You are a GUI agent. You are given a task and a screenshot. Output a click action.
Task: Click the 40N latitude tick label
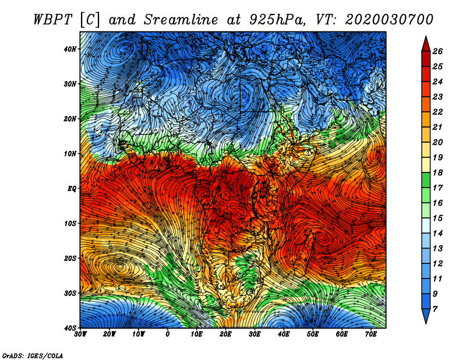(70, 49)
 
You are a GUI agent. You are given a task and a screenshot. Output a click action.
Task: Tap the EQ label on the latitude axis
(72, 189)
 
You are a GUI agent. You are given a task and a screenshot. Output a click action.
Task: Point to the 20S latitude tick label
(70, 258)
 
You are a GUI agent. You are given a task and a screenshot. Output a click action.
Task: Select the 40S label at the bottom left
(70, 328)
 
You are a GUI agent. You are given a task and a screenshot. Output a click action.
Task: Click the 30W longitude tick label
(80, 334)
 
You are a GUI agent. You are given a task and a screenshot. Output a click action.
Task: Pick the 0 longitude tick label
(168, 334)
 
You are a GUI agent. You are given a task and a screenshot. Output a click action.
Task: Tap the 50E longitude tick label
(313, 334)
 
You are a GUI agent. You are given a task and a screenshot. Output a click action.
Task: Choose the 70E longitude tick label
(371, 334)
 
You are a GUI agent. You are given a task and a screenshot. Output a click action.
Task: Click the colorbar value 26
(437, 51)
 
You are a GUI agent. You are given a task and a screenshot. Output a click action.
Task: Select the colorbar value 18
(437, 172)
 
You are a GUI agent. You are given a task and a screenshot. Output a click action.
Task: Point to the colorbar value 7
(435, 309)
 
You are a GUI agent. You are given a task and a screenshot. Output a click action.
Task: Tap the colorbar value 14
(437, 234)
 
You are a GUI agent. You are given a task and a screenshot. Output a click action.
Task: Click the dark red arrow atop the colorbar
(426, 44)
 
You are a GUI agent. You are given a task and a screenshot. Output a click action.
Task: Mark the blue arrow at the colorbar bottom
(426, 316)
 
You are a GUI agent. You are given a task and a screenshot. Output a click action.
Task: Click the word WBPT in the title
(52, 20)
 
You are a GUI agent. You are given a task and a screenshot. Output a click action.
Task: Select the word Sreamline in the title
(181, 20)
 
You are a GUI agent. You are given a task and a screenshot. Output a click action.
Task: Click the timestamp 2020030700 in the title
(389, 20)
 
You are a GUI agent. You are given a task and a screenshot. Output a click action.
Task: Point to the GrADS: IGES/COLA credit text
(33, 355)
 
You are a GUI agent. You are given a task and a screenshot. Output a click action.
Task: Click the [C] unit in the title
(89, 20)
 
